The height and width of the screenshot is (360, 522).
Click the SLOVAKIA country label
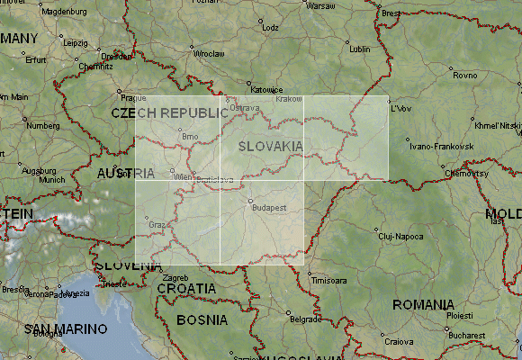tap(270, 145)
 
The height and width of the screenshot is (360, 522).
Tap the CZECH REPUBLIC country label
tap(169, 112)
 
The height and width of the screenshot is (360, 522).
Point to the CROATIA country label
tap(186, 289)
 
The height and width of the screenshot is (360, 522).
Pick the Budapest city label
tap(269, 207)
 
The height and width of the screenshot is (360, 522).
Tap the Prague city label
tap(132, 97)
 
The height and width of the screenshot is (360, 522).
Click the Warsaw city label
tap(320, 6)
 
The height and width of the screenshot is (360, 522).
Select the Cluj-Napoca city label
tap(400, 236)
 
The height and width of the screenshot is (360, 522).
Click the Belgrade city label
tap(306, 319)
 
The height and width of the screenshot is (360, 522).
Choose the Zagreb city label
tap(175, 277)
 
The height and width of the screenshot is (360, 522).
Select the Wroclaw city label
tap(208, 54)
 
